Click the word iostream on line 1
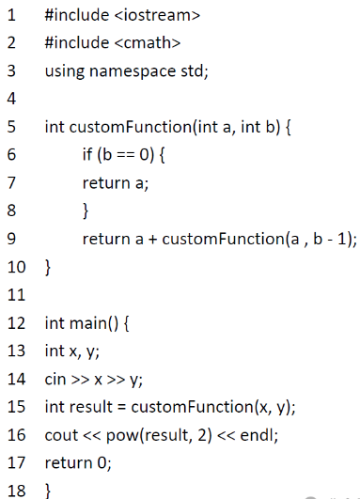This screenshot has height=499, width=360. coord(157,15)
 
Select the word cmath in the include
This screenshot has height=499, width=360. coord(148,42)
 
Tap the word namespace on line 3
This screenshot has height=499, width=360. coord(133,71)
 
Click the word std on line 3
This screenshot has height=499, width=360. coord(192,70)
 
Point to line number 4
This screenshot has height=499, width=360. coord(11,99)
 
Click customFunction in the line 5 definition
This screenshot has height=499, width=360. coord(131,127)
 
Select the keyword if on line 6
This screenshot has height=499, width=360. coord(87,154)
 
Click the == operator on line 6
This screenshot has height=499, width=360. coord(126,155)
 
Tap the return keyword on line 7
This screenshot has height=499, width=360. coord(106,182)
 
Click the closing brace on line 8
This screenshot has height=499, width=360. coord(86,211)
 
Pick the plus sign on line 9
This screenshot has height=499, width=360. coord(153,240)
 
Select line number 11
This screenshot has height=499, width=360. coord(16,295)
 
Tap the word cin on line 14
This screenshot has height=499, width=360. coord(55,379)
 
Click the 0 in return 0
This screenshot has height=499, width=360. coord(102,462)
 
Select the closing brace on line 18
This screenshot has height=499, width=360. coord(48,491)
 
